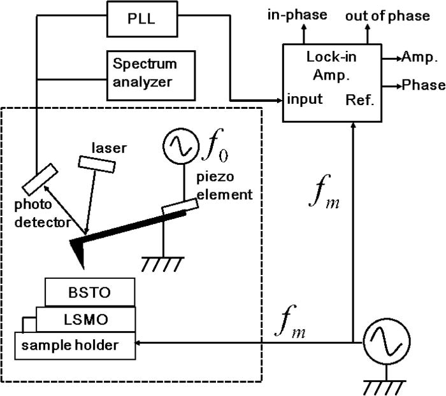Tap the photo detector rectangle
[40, 180]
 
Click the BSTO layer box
[90, 293]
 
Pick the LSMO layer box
[85, 318]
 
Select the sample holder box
[75, 345]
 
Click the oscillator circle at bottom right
[383, 342]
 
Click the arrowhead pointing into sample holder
[141, 342]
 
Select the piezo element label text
[218, 187]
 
